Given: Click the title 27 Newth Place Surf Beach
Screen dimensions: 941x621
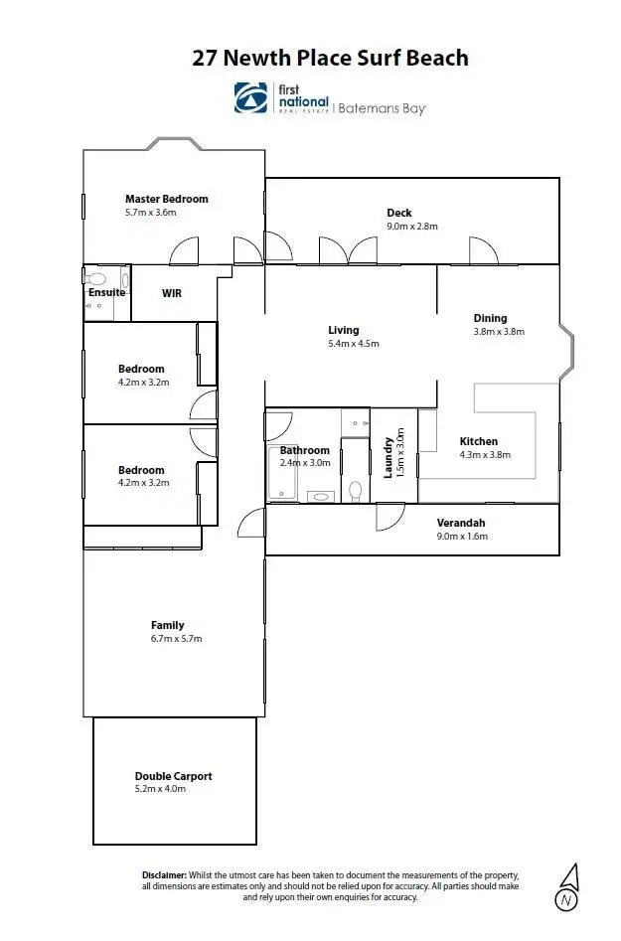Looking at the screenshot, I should (330, 58).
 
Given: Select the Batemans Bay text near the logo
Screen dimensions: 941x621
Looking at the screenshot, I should (381, 107).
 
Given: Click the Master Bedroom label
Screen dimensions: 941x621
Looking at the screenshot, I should (166, 199).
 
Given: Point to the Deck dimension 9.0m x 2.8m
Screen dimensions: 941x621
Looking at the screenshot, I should (411, 227).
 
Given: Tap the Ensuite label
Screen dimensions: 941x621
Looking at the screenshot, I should (106, 292).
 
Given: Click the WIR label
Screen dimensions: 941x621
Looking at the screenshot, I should (172, 293).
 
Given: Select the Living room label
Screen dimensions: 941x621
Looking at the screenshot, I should (343, 330).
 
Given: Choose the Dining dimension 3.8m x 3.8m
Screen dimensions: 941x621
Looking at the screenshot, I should (498, 332).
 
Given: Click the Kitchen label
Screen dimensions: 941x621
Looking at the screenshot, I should (478, 441).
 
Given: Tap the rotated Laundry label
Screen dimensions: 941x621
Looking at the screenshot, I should (388, 457).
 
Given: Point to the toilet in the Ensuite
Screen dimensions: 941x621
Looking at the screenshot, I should (96, 279).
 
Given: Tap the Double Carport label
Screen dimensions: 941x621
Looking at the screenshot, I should (173, 776).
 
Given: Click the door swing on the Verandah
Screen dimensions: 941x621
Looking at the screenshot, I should (388, 515).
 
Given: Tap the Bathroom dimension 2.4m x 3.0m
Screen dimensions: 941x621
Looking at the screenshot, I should (304, 462).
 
